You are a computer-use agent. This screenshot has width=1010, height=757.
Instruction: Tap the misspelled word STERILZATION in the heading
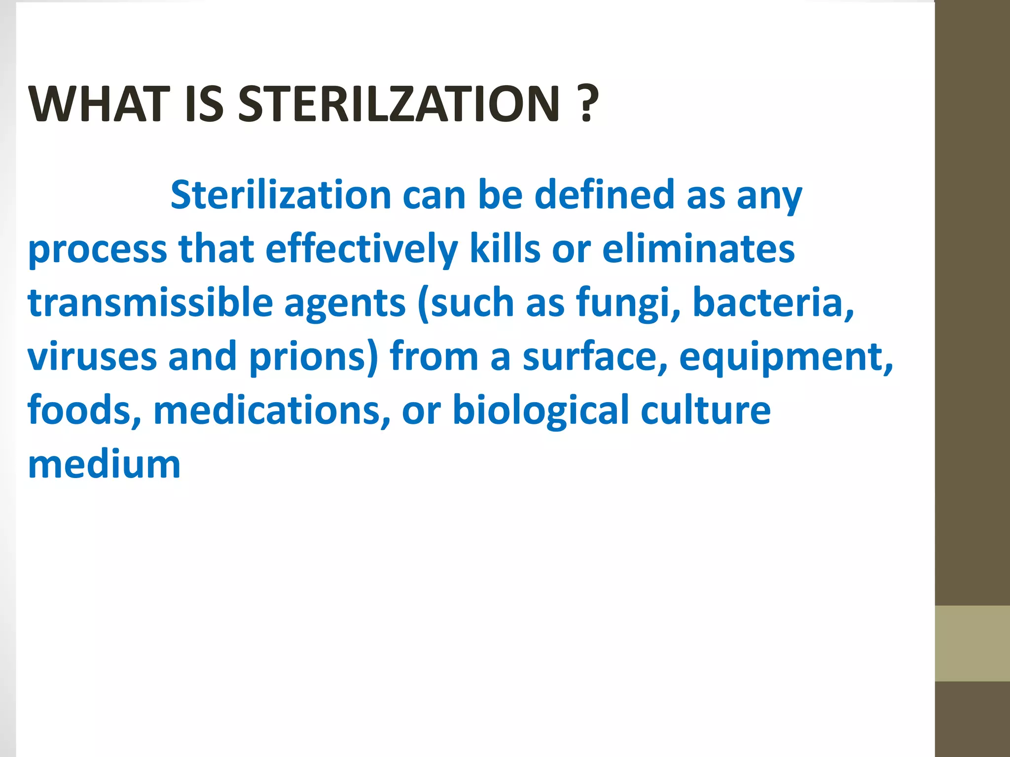(399, 104)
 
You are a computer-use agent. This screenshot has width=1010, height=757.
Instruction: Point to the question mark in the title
(587, 104)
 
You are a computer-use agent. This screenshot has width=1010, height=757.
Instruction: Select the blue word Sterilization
(281, 195)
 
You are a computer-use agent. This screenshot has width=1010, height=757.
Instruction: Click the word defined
(605, 195)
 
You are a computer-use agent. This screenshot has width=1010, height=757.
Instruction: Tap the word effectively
(361, 249)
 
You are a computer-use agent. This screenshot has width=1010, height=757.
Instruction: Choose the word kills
(505, 249)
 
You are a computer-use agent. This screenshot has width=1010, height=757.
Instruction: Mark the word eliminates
(698, 249)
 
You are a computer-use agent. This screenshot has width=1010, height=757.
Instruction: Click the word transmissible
(150, 303)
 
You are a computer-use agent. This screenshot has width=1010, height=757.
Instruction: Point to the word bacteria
(772, 303)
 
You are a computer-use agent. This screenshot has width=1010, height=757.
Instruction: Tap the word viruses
(92, 357)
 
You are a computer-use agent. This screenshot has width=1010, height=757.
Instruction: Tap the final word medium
(105, 465)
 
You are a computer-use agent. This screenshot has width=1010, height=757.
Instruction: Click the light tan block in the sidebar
(972, 644)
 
